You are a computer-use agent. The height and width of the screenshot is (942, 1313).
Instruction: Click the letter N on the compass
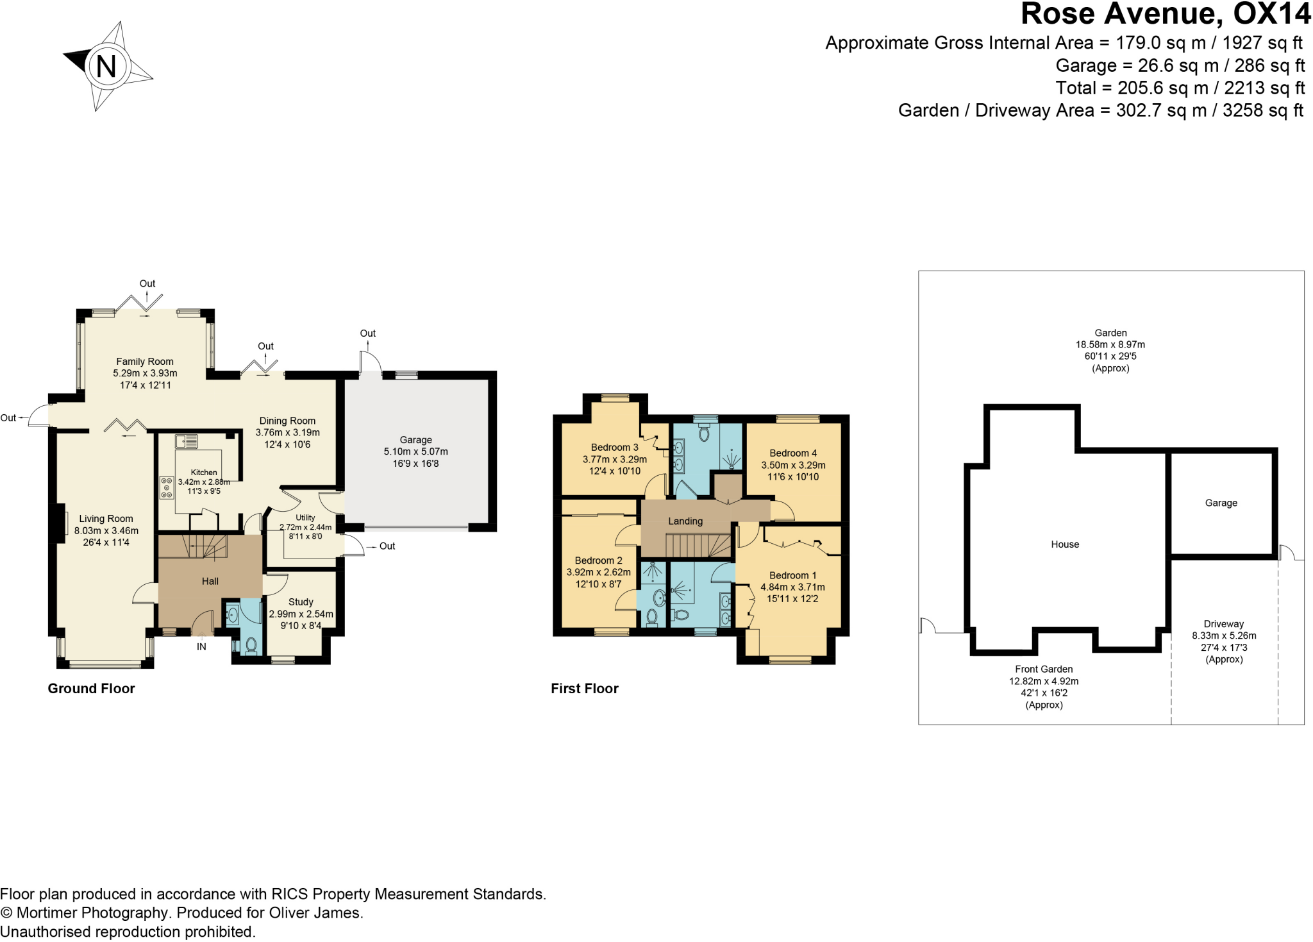pos(106,67)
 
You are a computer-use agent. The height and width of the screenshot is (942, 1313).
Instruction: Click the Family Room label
pos(145,362)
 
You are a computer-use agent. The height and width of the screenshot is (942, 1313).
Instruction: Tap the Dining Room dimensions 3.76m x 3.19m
pos(287,433)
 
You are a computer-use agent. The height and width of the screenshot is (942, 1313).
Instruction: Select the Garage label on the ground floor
pos(415,440)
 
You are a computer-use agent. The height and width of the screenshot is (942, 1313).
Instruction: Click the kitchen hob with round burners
pos(167,487)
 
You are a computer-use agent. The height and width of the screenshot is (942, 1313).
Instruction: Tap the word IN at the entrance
pos(201,647)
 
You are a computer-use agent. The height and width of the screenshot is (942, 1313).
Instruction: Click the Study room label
pos(301,602)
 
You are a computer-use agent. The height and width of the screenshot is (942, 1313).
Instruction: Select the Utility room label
pos(305,517)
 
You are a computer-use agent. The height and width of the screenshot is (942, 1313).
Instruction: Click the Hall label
pos(210,582)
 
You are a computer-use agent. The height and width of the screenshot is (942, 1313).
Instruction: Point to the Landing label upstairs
pos(685,521)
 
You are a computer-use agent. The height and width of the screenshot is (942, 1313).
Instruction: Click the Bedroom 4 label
pos(793,453)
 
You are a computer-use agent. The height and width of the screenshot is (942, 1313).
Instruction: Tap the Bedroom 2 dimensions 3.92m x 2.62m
pos(598,573)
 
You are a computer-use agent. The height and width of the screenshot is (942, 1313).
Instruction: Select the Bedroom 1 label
pos(792,576)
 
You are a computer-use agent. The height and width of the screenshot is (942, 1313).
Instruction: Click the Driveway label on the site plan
pos(1223,624)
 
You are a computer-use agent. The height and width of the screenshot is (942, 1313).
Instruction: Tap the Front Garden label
pos(1044,669)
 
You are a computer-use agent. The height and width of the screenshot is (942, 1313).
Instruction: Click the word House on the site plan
pos(1065,544)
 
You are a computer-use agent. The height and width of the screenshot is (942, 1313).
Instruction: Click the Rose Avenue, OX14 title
pos(1166,14)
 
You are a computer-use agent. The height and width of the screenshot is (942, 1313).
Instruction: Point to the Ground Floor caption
pos(91,689)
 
